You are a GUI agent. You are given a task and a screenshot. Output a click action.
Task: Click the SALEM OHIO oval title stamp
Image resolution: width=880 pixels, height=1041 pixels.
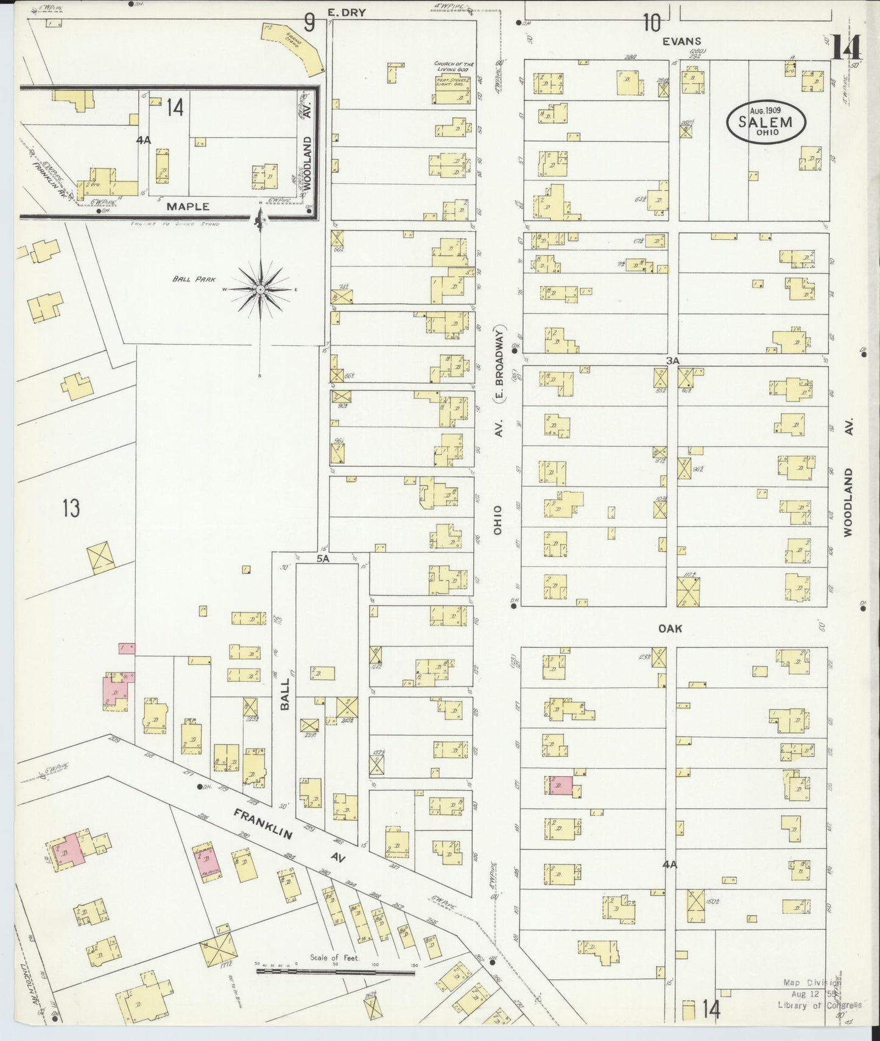click(x=766, y=122)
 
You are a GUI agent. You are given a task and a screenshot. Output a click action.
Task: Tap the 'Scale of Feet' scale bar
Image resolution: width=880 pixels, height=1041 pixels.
click(x=336, y=971)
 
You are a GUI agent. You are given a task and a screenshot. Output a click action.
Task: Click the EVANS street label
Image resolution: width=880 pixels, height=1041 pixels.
click(x=682, y=41)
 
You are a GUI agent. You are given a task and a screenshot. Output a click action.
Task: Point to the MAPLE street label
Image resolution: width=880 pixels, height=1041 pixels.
click(x=188, y=206)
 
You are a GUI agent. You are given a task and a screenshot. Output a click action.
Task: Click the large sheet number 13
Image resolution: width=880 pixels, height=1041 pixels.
click(x=71, y=508)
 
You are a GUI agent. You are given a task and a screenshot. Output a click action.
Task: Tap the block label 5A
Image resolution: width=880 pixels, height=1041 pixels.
click(x=322, y=558)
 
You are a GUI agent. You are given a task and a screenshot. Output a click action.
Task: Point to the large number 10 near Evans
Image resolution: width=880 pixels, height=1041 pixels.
click(x=651, y=23)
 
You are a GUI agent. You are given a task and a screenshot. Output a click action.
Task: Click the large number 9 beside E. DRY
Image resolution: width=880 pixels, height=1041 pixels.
click(x=309, y=23)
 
